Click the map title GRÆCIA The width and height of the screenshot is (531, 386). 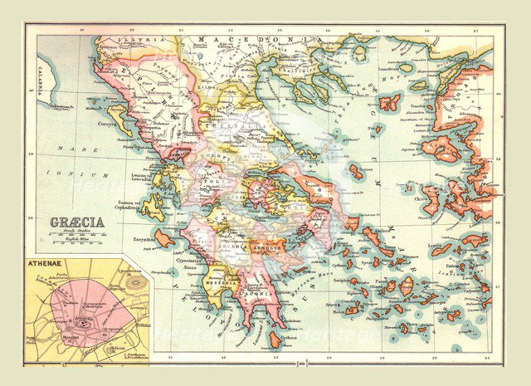(x=76, y=222)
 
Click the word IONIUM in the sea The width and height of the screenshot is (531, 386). (x=90, y=175)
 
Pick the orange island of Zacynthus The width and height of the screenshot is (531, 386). (x=164, y=239)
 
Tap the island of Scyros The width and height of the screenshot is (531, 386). (x=357, y=172)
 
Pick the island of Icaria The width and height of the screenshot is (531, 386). (x=441, y=249)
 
